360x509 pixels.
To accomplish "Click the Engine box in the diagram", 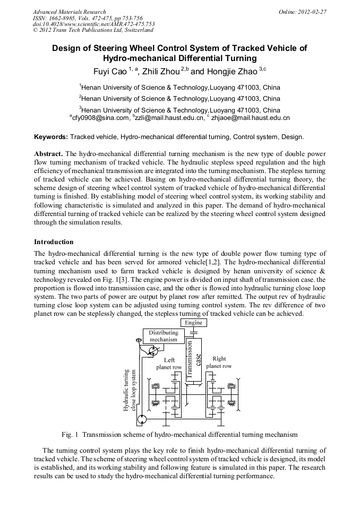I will pyautogui.click(x=193, y=322).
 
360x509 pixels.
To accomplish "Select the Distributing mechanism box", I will pyautogui.click(x=163, y=336).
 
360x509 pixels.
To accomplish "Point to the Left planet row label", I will pyautogui.click(x=169, y=364).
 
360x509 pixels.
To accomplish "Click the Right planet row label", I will pyautogui.click(x=219, y=363).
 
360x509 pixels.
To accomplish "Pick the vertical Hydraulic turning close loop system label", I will pyautogui.click(x=130, y=390).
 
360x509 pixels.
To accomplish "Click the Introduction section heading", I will pyautogui.click(x=54, y=242).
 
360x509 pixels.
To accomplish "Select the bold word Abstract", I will pyautogui.click(x=49, y=153).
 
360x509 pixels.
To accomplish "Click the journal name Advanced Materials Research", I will pyautogui.click(x=69, y=12).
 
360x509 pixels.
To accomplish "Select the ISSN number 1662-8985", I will pyautogui.click(x=64, y=18).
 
